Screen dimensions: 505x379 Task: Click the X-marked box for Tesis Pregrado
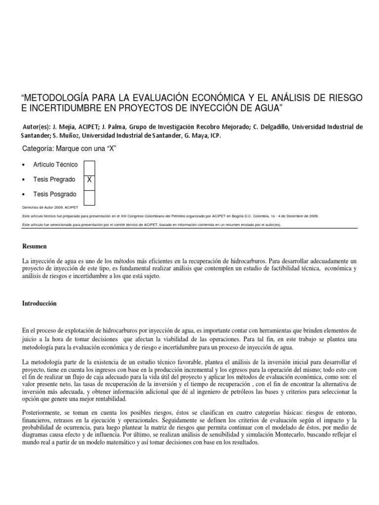(89, 180)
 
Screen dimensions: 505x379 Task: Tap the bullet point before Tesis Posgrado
(25, 194)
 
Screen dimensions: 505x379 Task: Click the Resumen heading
(34, 246)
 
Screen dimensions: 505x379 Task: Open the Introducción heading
(40, 304)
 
